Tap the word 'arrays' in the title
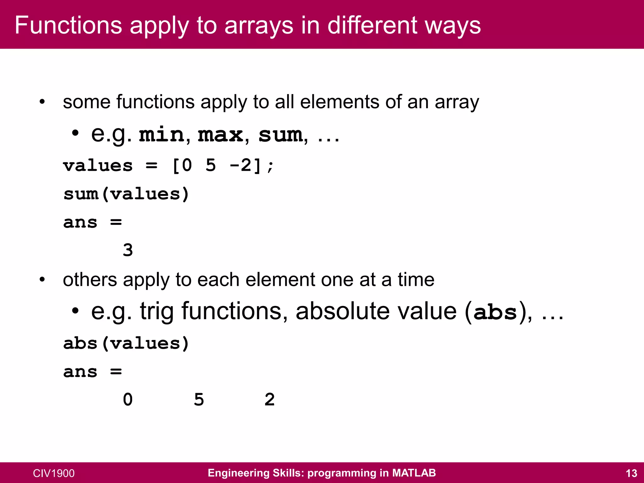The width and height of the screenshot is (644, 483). [x=259, y=25]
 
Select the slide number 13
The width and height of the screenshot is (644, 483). [x=631, y=473]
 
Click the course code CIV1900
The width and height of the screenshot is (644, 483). [x=54, y=473]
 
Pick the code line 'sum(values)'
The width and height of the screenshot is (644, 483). [x=126, y=194]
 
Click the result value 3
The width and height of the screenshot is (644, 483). [x=128, y=250]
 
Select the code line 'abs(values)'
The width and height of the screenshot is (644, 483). [x=126, y=343]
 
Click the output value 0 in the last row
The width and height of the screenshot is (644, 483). [x=128, y=400]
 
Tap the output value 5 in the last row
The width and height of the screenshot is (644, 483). [x=199, y=400]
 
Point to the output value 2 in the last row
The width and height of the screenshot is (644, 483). [x=269, y=400]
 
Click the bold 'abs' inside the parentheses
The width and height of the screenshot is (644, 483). [x=495, y=312]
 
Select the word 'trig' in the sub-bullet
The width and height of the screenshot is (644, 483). [x=157, y=311]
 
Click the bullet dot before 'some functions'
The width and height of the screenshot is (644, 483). [x=42, y=102]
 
